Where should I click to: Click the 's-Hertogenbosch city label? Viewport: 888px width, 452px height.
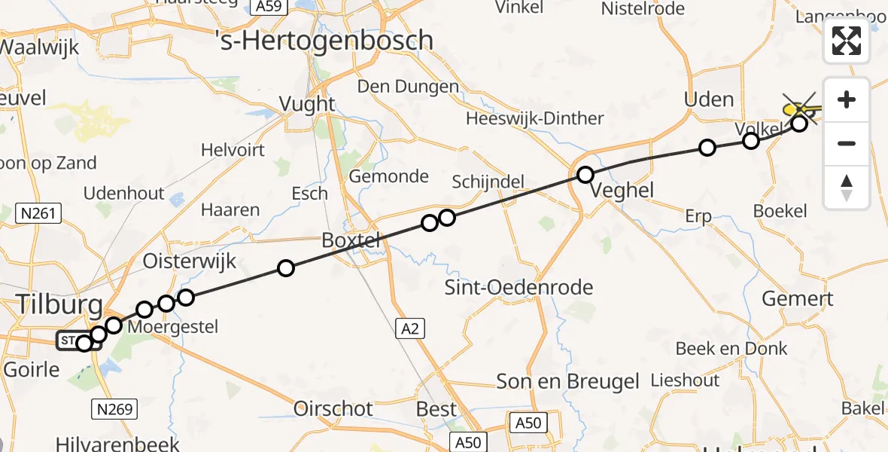[x=334, y=39]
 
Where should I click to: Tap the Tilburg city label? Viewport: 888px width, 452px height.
[x=59, y=305]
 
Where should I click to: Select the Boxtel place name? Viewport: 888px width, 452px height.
[x=351, y=240]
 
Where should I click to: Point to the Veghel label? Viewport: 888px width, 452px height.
[x=622, y=190]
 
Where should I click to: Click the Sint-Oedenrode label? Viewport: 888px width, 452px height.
[x=519, y=287]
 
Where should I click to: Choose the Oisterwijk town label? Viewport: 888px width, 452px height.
[x=190, y=261]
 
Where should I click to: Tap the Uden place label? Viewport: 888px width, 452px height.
[x=708, y=99]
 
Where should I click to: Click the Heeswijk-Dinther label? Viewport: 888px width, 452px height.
[x=534, y=118]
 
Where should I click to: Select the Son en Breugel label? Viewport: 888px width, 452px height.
[x=567, y=381]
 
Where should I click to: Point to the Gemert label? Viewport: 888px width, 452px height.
[x=798, y=299]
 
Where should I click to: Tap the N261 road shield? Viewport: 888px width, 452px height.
[x=38, y=214]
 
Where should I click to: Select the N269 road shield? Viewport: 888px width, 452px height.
[x=114, y=409]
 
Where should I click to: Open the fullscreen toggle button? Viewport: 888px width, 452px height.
[x=847, y=41]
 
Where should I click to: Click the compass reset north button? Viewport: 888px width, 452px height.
[x=847, y=187]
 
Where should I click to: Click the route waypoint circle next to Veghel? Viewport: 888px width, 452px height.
[x=585, y=176]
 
